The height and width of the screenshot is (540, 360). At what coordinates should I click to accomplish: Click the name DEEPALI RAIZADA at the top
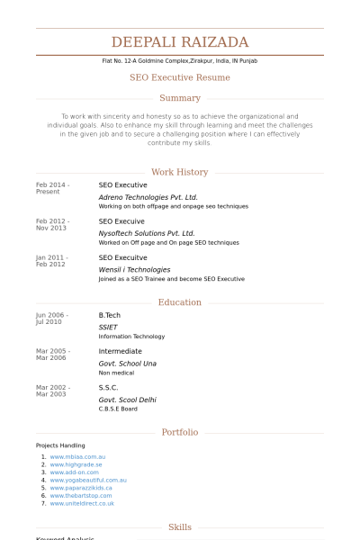pos(180,42)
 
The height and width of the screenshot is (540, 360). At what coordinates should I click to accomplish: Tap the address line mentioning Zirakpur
pos(180,60)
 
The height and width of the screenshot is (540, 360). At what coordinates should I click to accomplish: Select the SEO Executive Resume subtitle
pos(180,77)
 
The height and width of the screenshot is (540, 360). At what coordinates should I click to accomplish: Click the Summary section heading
pos(180,98)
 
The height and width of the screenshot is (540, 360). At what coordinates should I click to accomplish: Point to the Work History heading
pos(180,172)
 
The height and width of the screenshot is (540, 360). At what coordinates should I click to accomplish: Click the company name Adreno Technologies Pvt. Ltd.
pos(148,196)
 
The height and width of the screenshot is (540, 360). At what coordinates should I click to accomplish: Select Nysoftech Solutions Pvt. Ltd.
pos(147,232)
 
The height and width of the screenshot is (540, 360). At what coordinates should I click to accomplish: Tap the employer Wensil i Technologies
pos(134,269)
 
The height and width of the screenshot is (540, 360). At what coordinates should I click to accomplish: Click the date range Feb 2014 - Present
pos(52,188)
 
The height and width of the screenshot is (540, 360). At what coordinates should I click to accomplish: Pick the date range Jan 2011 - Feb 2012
pos(52,261)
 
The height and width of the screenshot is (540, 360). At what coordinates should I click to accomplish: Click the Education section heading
pos(180,302)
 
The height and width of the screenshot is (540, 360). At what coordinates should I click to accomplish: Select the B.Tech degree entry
pos(109,315)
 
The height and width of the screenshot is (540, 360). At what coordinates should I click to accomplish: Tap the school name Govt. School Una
pos(127,363)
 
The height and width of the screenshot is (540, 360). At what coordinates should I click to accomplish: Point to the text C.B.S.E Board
pos(118,409)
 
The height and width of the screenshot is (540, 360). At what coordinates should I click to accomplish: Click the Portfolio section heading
pos(180,432)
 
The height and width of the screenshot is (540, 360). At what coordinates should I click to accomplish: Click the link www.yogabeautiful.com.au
pos(88,480)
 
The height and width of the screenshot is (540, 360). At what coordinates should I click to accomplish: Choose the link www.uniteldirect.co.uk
pos(82,503)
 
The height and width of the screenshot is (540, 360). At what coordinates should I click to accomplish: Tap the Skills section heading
pos(180,527)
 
